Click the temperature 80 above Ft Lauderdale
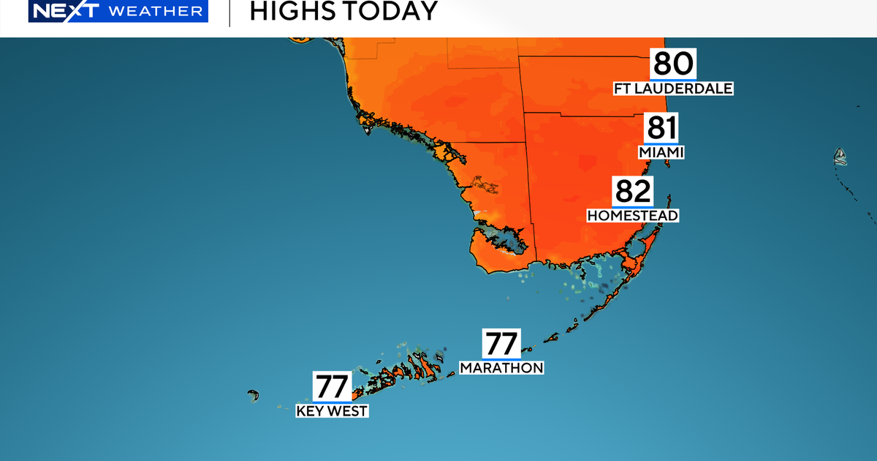[673, 64]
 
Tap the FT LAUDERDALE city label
[673, 89]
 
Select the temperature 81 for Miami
[661, 129]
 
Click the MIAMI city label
[661, 153]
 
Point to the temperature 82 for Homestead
[633, 192]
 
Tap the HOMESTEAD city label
[633, 216]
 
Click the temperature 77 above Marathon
[501, 344]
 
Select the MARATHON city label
[501, 368]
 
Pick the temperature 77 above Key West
[333, 386]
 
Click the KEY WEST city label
[333, 411]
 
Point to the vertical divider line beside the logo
[229, 12]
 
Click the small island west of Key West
[253, 395]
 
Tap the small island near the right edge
[840, 156]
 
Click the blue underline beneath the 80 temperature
[673, 78]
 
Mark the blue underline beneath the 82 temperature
[633, 206]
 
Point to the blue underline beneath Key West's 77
[333, 401]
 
